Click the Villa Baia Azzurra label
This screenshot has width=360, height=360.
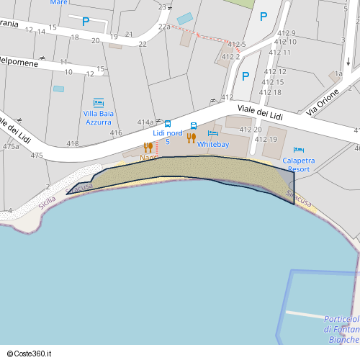coord(98,117)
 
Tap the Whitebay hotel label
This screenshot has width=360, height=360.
coord(213,145)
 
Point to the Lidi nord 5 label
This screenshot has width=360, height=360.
coord(168,137)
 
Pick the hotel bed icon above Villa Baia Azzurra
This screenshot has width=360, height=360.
coord(98,102)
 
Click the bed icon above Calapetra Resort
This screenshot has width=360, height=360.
coord(299,149)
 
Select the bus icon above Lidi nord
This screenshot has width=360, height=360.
coord(168,124)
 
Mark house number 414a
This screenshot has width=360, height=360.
coord(145,122)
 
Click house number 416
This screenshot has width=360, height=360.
coord(116,133)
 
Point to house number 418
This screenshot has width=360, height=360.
coord(73,144)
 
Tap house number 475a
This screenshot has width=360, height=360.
coord(10,146)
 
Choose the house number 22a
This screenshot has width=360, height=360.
coord(164,27)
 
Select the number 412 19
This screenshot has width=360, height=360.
coord(268,139)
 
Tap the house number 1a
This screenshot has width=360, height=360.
coord(338,74)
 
